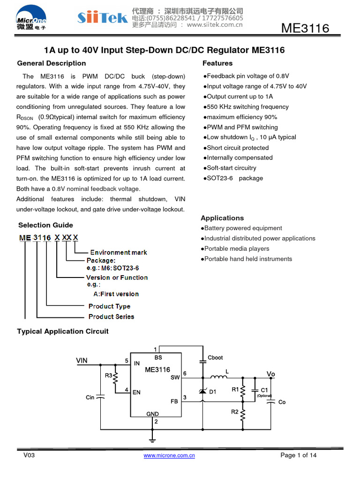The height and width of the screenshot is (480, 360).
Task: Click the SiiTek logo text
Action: point(102,18)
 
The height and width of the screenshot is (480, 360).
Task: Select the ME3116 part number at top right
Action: point(305,29)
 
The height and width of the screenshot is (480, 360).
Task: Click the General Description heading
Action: point(52,63)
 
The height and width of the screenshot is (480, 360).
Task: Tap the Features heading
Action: point(217,63)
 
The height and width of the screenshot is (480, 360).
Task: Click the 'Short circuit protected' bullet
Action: point(236,148)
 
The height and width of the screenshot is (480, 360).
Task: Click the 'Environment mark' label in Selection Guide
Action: point(119,252)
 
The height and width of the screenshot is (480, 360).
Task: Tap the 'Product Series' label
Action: point(111,316)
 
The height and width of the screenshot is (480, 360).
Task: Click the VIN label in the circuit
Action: point(82,360)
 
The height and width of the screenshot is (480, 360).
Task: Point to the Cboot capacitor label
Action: point(215,358)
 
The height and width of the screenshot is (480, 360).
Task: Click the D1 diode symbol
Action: point(202,391)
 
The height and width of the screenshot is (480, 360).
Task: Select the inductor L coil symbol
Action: point(219,377)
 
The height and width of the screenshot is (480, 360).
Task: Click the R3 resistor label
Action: point(108,375)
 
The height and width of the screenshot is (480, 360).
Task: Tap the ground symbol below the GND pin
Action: point(152,439)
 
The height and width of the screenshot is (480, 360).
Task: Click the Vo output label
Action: point(271,374)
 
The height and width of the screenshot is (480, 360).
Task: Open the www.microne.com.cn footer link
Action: point(169,455)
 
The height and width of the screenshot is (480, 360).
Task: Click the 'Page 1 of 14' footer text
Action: point(299,455)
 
